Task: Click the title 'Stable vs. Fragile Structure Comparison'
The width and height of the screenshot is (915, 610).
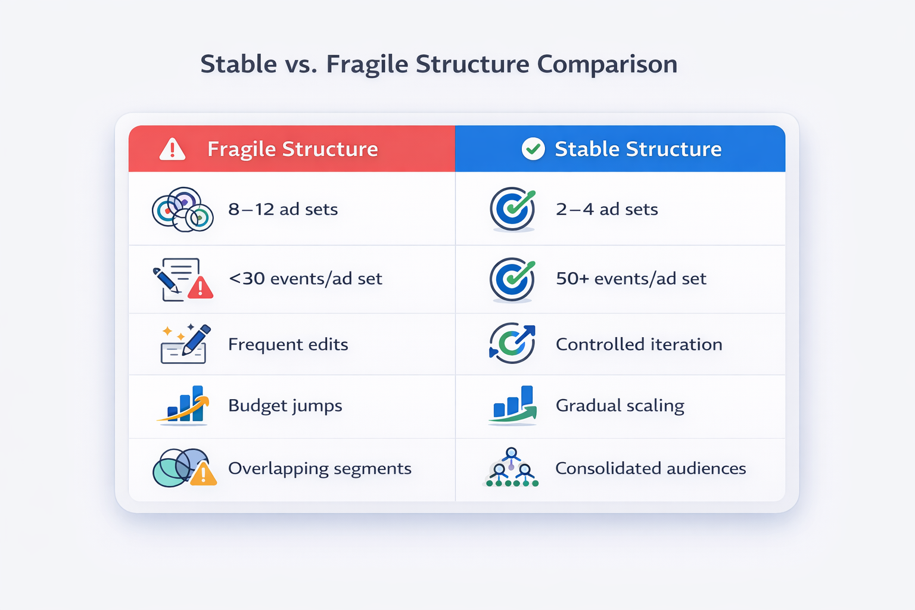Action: pyautogui.click(x=438, y=64)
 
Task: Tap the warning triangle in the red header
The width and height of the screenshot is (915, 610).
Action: pyautogui.click(x=172, y=149)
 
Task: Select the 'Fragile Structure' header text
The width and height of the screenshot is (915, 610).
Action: pyautogui.click(x=292, y=149)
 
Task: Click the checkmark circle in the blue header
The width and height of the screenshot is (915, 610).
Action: pyautogui.click(x=533, y=149)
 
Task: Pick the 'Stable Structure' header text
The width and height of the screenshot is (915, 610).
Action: pyautogui.click(x=638, y=149)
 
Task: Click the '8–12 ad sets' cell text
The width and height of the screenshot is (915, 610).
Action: pyautogui.click(x=283, y=209)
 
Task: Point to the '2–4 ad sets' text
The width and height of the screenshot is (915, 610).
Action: pyautogui.click(x=606, y=209)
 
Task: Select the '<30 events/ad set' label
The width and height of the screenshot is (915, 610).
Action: pyautogui.click(x=305, y=278)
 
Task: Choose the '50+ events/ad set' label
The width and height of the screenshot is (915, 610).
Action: pyautogui.click(x=631, y=278)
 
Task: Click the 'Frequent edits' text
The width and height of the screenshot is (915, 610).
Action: pyautogui.click(x=288, y=344)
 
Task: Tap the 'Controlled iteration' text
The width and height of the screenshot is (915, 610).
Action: pyautogui.click(x=639, y=344)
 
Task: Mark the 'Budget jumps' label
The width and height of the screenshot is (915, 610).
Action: pyautogui.click(x=285, y=406)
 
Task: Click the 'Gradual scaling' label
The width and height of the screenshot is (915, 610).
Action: pyautogui.click(x=620, y=406)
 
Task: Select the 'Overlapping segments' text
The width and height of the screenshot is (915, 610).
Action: pyautogui.click(x=319, y=468)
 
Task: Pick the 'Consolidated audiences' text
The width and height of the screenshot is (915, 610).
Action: pyautogui.click(x=651, y=468)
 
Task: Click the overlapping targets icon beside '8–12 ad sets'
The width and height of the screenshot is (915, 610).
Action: pyautogui.click(x=183, y=210)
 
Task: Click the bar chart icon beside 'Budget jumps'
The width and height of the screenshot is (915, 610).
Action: pyautogui.click(x=184, y=405)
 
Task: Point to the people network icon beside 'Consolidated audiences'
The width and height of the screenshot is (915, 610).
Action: pyautogui.click(x=511, y=468)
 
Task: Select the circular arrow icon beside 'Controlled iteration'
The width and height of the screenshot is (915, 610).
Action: pyautogui.click(x=512, y=343)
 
